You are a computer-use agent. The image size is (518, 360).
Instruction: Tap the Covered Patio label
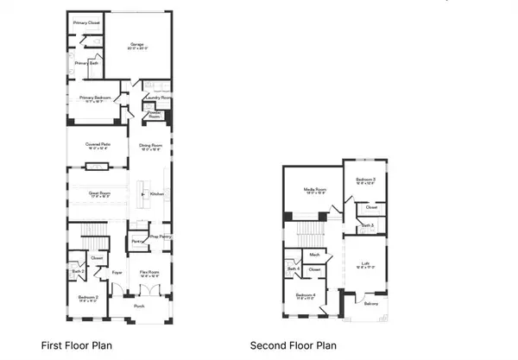tap(91, 145)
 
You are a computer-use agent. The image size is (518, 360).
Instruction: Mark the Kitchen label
tap(156, 194)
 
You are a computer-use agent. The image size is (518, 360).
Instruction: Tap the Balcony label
tap(370, 303)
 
